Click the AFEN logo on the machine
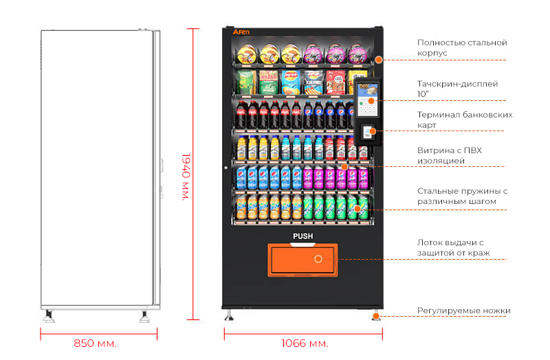point(241,32)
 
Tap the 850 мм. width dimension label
point(96,342)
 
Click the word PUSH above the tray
point(303,236)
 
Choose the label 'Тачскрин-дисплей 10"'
point(458,89)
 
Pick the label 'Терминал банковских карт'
point(465,120)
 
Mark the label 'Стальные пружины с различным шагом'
point(462,196)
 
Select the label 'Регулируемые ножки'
point(463,311)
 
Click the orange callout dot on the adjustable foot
point(376,316)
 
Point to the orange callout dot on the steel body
point(379,60)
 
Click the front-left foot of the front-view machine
point(229,315)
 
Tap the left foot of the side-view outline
point(49,316)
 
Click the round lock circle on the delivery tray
point(318,259)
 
